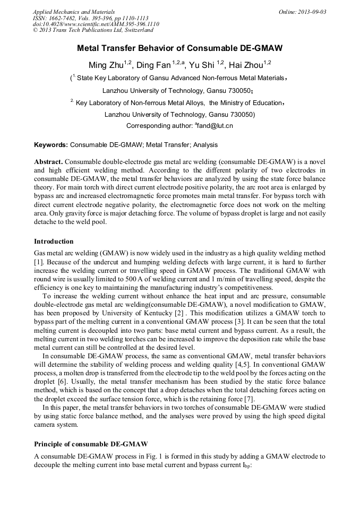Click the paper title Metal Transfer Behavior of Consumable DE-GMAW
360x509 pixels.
point(179,48)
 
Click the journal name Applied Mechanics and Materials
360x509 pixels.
point(74,12)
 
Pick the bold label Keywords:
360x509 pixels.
point(51,144)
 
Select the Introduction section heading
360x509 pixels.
point(54,241)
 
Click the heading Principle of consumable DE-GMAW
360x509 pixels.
point(91,443)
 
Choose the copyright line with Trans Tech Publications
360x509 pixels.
point(93,31)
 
